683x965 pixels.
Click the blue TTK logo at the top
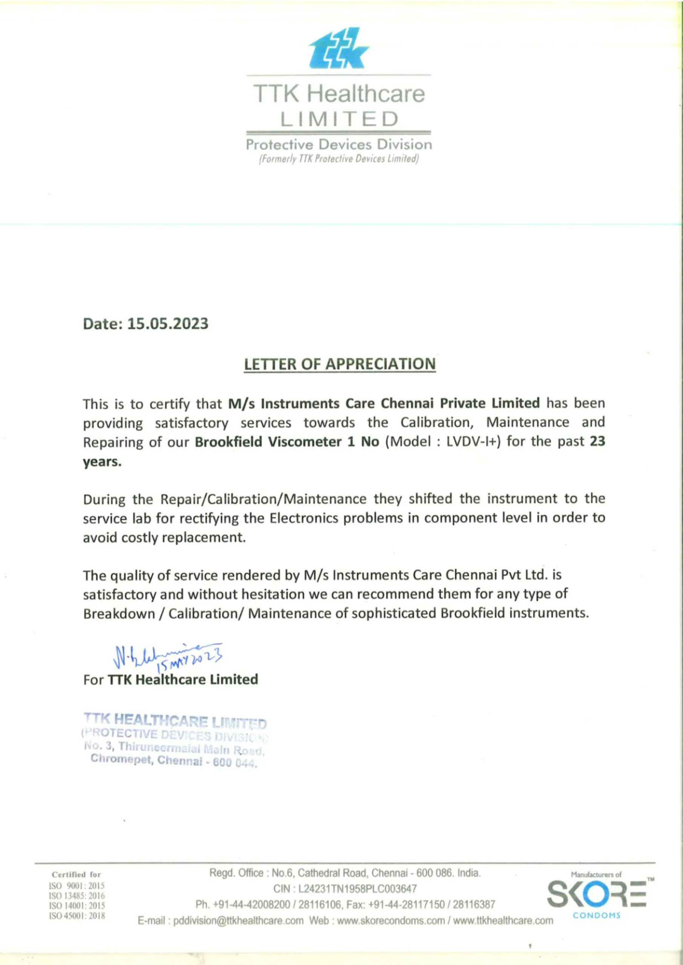pos(339,49)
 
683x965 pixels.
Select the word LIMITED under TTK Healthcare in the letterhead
pos(339,119)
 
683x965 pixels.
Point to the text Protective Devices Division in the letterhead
pos(339,145)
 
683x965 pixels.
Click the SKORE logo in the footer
pos(596,899)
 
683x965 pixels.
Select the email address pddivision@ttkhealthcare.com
pos(238,921)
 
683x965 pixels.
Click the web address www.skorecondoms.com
pos(391,921)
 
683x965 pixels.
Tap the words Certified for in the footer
pos(77,875)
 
